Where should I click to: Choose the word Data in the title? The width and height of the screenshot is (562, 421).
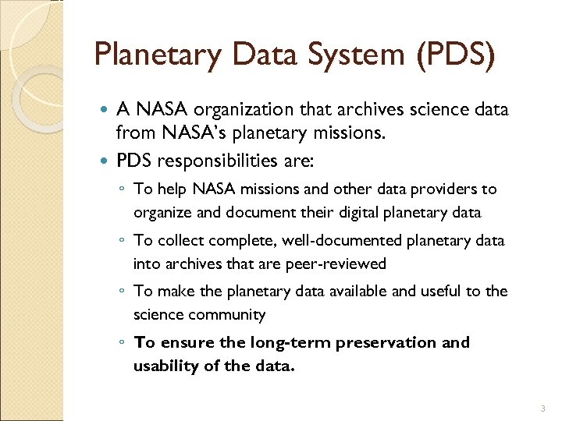click(x=264, y=56)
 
